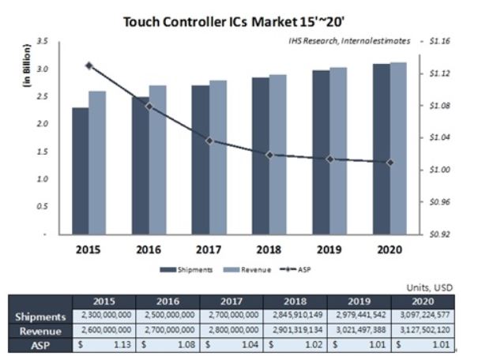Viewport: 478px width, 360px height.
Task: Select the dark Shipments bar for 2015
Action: click(80, 171)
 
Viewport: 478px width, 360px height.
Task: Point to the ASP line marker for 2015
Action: click(88, 66)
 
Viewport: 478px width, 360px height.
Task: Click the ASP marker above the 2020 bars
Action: click(390, 163)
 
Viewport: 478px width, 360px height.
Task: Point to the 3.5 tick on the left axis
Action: click(43, 40)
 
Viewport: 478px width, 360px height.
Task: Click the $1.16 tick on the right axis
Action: click(439, 40)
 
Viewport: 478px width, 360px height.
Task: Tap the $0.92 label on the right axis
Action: click(439, 234)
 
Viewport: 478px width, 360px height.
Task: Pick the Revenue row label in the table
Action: click(40, 330)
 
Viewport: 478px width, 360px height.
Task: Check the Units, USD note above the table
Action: click(430, 288)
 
